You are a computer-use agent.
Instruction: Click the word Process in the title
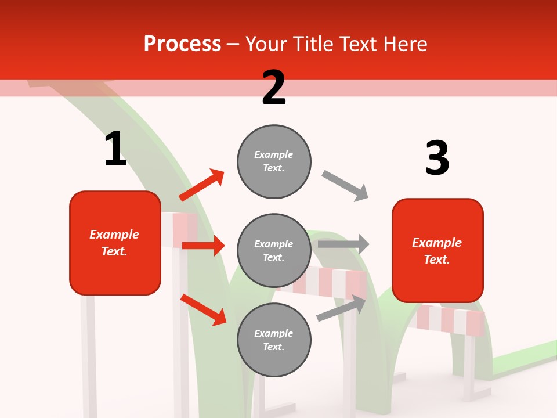point(182,44)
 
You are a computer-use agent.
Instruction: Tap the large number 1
point(115,149)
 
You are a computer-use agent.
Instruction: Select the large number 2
point(273,88)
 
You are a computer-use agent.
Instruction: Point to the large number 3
point(437,158)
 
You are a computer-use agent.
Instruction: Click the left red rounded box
point(115,243)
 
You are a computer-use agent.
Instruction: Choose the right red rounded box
point(437,250)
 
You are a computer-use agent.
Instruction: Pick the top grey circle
point(274,161)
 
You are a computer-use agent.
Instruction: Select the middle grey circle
point(274,250)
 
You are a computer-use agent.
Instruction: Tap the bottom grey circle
point(274,340)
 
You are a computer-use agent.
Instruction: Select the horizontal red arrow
point(203,246)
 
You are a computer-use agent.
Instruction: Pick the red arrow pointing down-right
point(204,309)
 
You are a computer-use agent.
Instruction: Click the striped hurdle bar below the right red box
point(450,319)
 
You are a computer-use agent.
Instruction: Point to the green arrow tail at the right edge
point(528,357)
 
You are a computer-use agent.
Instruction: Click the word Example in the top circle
point(273,154)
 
